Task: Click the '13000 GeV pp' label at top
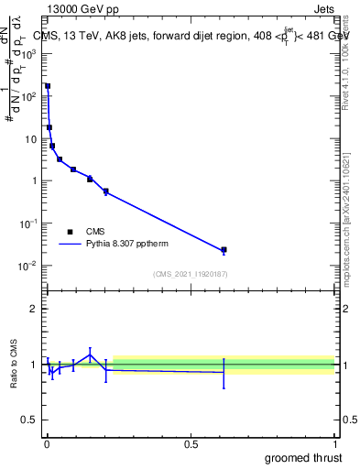(x=80, y=8)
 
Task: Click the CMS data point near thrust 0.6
(x=224, y=249)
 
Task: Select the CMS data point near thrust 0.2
(x=106, y=191)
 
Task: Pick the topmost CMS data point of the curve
(x=48, y=86)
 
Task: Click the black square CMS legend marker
(x=70, y=232)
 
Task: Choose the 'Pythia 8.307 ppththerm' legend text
(x=127, y=245)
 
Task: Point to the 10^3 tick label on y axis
(x=29, y=54)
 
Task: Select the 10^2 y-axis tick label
(x=29, y=96)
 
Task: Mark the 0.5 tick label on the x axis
(x=191, y=444)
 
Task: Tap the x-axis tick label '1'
(x=335, y=444)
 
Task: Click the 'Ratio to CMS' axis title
(x=15, y=365)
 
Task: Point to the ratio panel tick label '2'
(x=33, y=309)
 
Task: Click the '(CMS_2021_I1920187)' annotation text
(x=191, y=273)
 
